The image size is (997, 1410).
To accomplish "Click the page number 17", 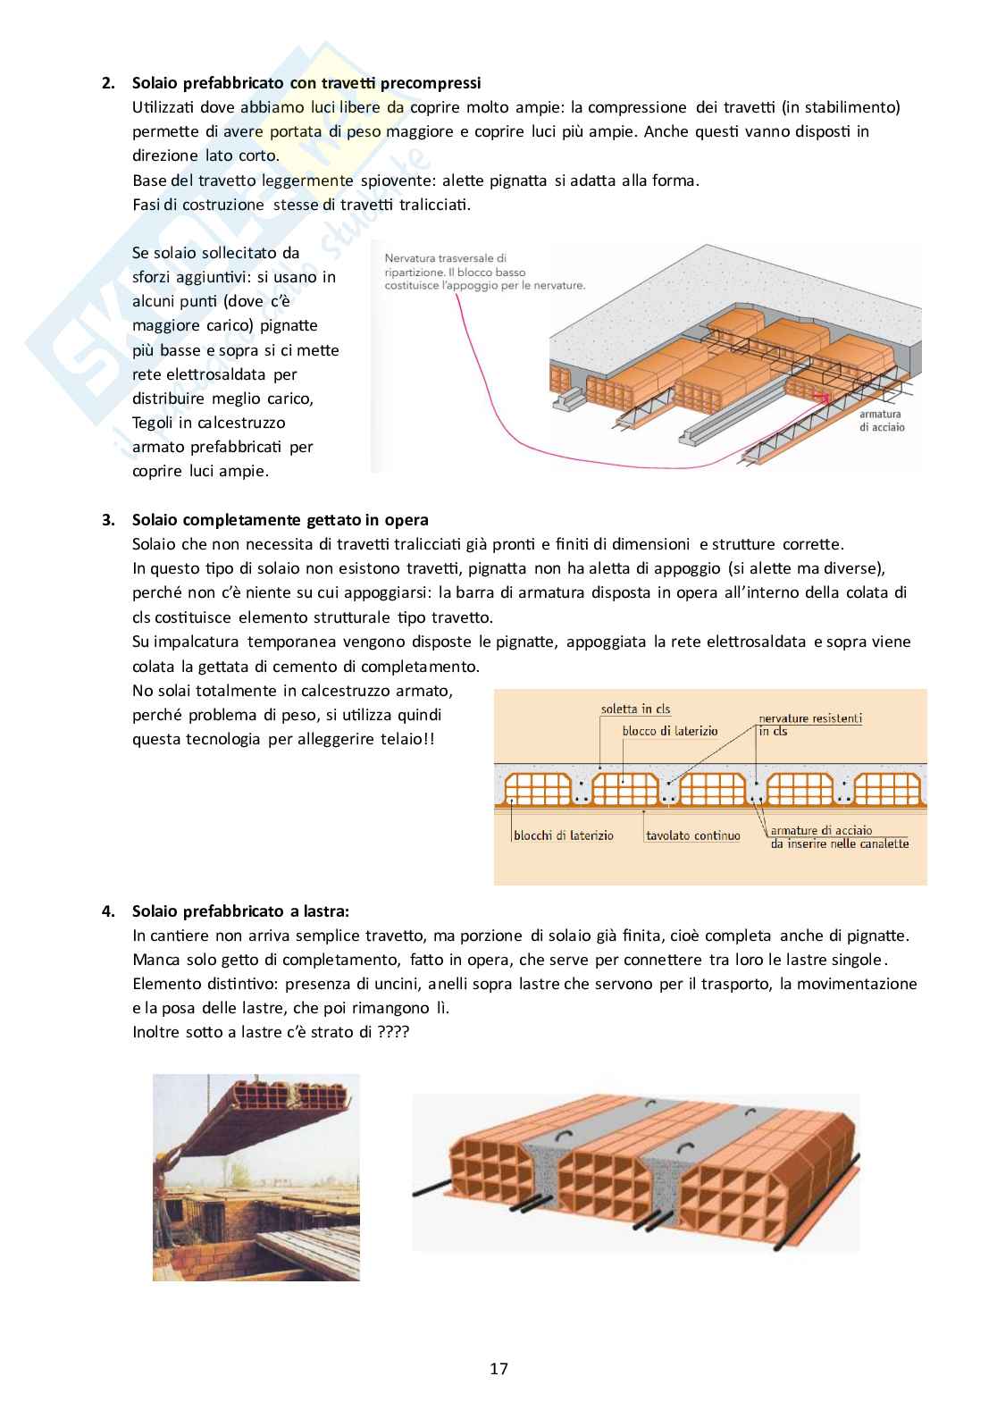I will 498,1368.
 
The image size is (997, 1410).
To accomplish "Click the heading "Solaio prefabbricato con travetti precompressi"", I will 306,83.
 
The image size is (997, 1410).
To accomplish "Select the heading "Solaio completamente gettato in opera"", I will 280,519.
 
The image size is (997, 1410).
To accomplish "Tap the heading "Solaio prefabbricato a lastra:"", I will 240,911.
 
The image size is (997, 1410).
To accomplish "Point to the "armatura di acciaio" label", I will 882,421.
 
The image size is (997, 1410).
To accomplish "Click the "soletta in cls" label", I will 636,709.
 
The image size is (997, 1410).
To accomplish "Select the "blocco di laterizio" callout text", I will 670,730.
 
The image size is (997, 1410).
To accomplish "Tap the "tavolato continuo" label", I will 693,835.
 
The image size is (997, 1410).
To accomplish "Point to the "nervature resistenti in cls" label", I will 809,724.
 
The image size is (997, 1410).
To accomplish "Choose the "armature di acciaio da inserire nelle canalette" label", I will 839,836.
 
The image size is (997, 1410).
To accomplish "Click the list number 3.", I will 107,519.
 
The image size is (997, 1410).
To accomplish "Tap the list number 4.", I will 107,911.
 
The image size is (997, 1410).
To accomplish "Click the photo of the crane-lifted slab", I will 256,1177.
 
